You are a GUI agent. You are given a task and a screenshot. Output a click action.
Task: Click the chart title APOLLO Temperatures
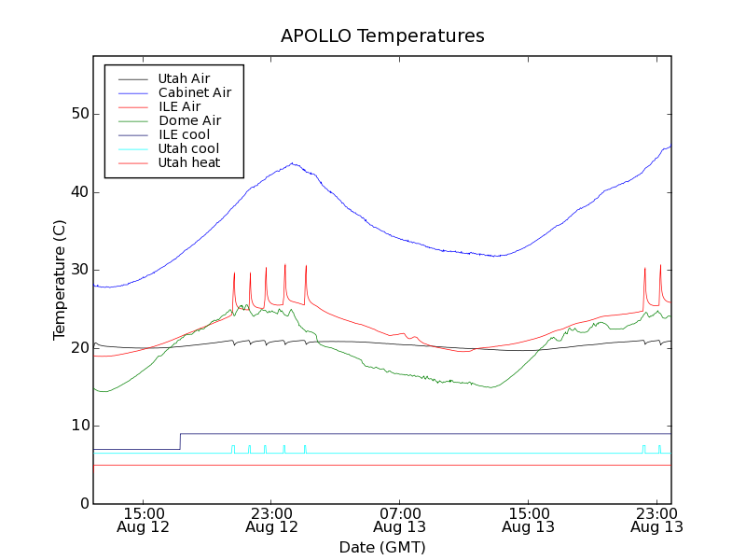pyautogui.click(x=382, y=36)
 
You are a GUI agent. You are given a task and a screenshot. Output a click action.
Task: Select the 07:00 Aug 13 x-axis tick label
pyautogui.click(x=400, y=520)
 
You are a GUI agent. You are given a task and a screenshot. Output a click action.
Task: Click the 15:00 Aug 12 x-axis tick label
pyautogui.click(x=144, y=520)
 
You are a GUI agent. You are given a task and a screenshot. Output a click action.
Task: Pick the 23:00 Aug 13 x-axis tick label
pyautogui.click(x=656, y=520)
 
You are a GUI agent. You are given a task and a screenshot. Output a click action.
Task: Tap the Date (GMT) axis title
pyautogui.click(x=382, y=547)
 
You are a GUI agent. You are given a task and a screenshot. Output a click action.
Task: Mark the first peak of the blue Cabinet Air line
pyautogui.click(x=293, y=163)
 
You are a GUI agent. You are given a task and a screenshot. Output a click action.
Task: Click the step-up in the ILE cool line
pyautogui.click(x=180, y=441)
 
